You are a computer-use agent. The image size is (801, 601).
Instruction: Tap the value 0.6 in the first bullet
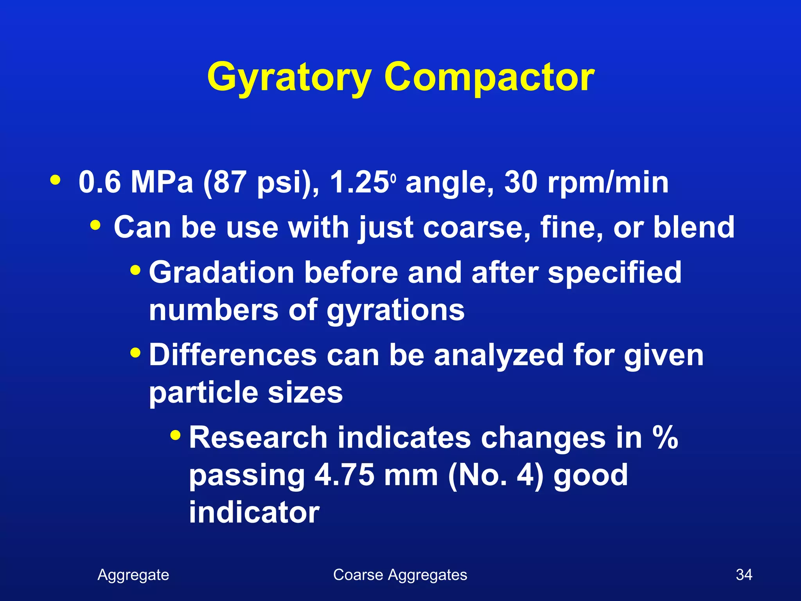99,182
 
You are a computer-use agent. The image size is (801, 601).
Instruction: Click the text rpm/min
608,183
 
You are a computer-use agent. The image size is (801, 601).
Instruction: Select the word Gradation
221,272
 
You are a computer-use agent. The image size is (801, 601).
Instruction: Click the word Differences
233,355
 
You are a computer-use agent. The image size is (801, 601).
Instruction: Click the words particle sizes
246,393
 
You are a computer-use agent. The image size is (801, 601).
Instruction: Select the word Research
258,438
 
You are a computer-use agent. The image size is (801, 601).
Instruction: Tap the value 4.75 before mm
344,475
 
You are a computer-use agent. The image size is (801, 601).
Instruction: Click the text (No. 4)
496,476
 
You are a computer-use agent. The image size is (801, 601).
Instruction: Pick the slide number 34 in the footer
744,575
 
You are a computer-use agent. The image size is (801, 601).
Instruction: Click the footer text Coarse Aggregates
400,575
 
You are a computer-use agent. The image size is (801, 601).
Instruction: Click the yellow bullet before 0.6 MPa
55,180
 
